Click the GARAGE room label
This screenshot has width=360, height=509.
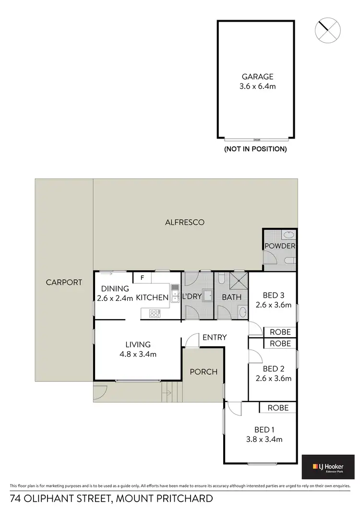[257, 76]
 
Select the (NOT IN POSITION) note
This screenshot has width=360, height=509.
[255, 149]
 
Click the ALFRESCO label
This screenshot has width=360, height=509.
[185, 222]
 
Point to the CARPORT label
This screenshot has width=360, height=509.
[64, 282]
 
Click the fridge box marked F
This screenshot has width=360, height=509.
[142, 277]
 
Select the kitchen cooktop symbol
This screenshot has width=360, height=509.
[155, 314]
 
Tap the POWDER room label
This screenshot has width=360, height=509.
[280, 246]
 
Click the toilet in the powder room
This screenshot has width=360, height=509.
[289, 260]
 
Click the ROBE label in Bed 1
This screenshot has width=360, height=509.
[278, 408]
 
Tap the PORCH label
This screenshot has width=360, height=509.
[204, 372]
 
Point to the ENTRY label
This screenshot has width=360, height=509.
[214, 338]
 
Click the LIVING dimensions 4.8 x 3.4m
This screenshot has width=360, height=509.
[138, 355]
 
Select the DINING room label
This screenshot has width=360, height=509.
[115, 289]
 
